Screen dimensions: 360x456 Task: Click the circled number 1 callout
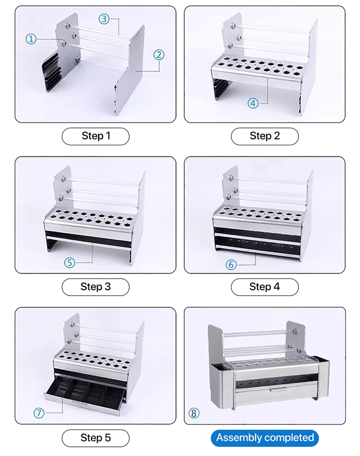coord(31,39)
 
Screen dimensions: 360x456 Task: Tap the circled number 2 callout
coord(159,55)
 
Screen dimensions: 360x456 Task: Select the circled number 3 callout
coord(104,19)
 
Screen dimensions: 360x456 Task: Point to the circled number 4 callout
coord(253,103)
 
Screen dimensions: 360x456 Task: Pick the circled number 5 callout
coord(70,263)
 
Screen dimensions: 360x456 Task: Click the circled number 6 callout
coord(231,265)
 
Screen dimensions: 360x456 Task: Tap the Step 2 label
coord(265,136)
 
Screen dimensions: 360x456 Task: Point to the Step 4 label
coord(265,287)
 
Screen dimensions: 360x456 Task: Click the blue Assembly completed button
coord(265,438)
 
